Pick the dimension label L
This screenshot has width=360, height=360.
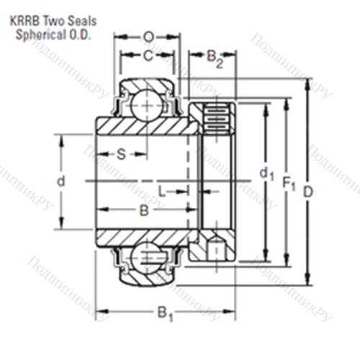(x=163, y=191)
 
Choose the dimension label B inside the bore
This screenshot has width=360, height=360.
(x=143, y=211)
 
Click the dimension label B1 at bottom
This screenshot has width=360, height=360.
(x=166, y=315)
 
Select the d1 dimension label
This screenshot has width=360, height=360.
(x=266, y=173)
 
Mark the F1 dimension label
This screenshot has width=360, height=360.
(x=289, y=186)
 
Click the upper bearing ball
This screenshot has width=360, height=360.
(x=148, y=104)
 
